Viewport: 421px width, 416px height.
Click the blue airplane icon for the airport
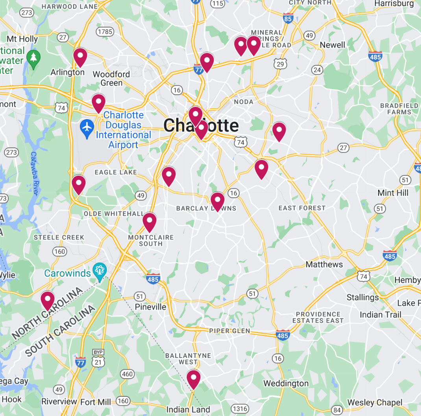87,127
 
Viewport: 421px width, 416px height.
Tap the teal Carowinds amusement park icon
99,271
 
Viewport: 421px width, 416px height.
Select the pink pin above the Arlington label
80,57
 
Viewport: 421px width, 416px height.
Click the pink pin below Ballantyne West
193,379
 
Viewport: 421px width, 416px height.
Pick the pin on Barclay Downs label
217,201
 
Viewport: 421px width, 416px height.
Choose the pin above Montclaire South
150,222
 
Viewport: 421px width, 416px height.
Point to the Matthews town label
324,264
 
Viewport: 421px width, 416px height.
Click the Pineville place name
150,307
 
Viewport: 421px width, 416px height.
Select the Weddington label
286,383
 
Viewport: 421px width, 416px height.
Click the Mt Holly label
22,39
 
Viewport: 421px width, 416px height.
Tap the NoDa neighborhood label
244,102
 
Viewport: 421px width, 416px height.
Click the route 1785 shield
105,31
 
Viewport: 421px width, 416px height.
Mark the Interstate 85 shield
288,18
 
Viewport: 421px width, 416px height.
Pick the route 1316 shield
240,409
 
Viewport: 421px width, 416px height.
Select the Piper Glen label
229,331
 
